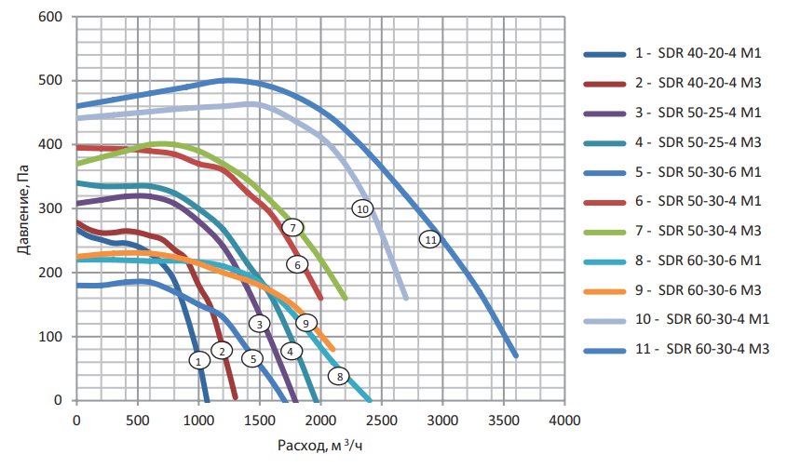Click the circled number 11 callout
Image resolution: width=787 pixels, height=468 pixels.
point(429,239)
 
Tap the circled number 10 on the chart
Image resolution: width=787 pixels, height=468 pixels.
point(362,208)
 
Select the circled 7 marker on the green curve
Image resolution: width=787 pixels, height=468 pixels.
point(292,227)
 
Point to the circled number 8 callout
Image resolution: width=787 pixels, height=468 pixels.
point(340,377)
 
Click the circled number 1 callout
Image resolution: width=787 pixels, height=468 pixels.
point(197,360)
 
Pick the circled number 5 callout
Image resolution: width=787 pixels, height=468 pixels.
point(251,358)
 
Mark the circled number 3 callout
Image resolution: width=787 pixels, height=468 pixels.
point(259,324)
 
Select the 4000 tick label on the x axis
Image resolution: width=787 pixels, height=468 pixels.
point(564,420)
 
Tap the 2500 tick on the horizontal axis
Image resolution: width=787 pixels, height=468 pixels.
point(381,420)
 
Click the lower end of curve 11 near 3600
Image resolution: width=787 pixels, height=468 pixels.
point(515,354)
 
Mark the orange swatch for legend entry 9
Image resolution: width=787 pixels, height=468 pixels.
point(605,291)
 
